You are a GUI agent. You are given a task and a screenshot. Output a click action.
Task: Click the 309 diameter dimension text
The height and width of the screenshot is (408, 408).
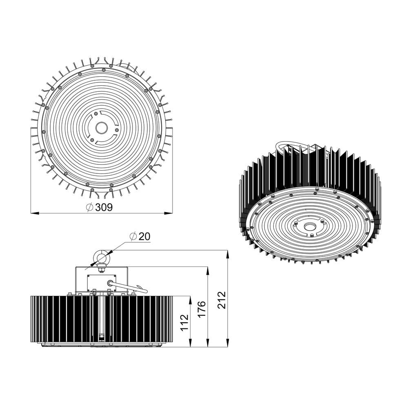pos(104,207)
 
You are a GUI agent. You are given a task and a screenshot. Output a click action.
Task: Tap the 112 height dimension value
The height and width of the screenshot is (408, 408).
pos(184,322)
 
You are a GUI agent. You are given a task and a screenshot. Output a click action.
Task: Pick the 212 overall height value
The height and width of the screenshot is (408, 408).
pos(222,300)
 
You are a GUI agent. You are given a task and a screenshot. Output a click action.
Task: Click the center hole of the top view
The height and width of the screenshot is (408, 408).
pos(101,128)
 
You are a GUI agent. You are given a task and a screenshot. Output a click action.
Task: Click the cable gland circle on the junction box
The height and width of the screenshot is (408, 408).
pos(109,282)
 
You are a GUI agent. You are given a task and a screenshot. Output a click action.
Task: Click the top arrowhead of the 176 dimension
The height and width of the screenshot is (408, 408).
pos(208,270)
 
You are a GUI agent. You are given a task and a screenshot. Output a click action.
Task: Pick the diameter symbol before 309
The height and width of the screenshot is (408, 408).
pos(90,207)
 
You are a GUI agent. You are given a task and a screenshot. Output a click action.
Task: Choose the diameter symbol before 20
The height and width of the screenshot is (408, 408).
pos(133,237)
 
